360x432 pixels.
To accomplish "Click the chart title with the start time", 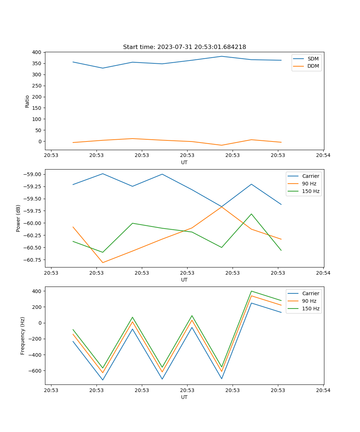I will point(184,47).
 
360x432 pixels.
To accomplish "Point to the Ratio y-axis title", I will point(27,102).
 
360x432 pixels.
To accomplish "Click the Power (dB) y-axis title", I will point(18,218).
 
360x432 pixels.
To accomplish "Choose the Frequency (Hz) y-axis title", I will point(23,336).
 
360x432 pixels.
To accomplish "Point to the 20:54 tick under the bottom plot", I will point(323,390).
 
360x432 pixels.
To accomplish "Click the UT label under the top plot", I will point(184,162).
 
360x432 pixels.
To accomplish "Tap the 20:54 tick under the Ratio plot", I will point(323,155).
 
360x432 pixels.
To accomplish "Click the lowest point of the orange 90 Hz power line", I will point(103,262).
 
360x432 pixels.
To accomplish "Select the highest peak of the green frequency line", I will point(251,291).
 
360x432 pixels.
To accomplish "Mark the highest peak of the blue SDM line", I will point(222,56).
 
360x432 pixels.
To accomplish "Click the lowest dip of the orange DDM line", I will point(222,145).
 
